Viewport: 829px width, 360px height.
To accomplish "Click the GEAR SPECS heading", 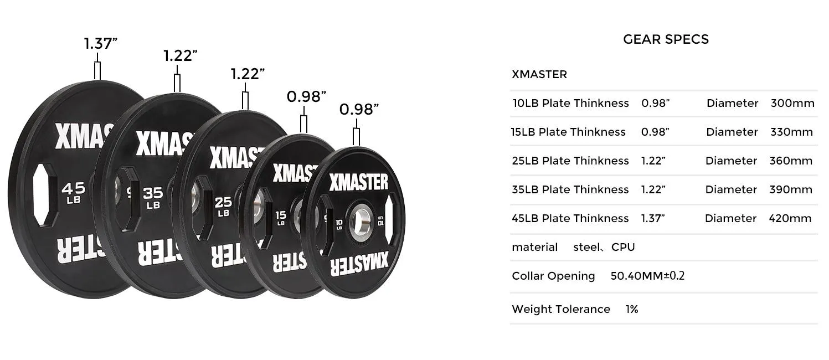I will tap(666, 39).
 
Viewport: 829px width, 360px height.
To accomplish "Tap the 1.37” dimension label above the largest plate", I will tap(101, 44).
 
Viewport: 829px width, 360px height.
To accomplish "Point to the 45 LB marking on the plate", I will tap(74, 192).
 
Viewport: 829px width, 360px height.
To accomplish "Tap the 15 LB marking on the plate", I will tap(281, 217).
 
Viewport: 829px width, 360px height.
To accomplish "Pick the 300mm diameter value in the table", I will tap(792, 103).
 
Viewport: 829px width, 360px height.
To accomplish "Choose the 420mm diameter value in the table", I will tap(790, 218).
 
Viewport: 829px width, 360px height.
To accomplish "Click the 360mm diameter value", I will tap(791, 161).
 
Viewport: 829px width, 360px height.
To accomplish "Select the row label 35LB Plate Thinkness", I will tap(570, 189).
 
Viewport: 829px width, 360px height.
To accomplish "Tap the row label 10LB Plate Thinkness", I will tap(570, 103).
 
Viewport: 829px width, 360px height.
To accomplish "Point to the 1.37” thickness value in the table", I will tap(653, 218).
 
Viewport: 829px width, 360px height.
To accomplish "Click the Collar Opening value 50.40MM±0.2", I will tap(647, 276).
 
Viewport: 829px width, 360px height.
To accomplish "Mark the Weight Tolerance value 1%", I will tap(632, 309).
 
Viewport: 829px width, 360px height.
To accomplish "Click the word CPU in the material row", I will tap(623, 247).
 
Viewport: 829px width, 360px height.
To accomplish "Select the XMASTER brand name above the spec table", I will tap(539, 74).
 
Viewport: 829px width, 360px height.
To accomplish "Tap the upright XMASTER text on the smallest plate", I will tap(359, 182).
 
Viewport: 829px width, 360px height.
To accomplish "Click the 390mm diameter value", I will tap(791, 189).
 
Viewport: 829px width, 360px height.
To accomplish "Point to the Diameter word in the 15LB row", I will tap(732, 132).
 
